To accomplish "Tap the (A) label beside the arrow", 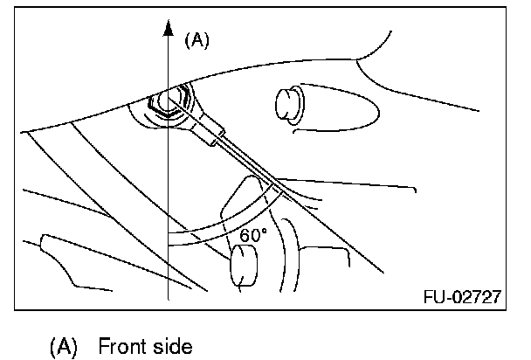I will pyautogui.click(x=197, y=40).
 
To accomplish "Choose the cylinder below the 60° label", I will pyautogui.click(x=241, y=267).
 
